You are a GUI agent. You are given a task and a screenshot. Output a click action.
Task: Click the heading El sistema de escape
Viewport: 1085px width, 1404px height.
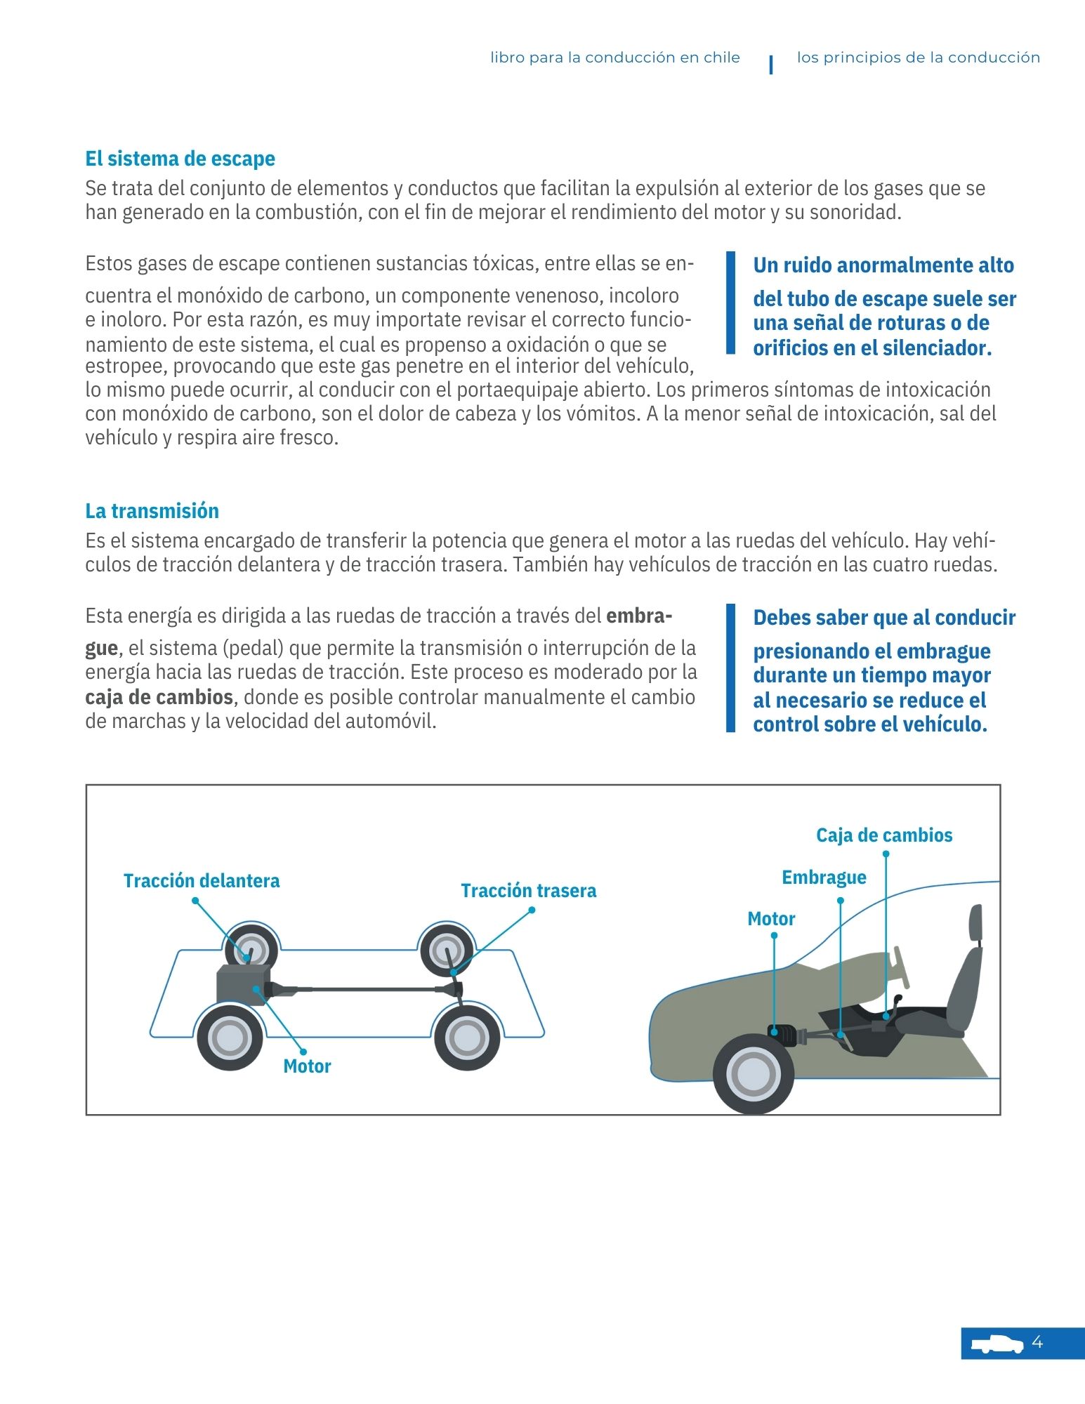[x=180, y=159]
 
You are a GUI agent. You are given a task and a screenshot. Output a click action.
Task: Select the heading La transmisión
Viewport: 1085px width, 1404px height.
[x=152, y=510]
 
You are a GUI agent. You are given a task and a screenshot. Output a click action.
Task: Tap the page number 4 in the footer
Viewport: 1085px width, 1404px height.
[x=1037, y=1342]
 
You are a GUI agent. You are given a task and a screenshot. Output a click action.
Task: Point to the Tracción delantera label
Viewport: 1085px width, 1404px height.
[x=202, y=880]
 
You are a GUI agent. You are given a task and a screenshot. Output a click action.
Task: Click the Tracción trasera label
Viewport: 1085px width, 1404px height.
[x=528, y=890]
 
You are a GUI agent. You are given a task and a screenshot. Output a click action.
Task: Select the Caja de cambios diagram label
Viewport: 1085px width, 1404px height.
[x=884, y=835]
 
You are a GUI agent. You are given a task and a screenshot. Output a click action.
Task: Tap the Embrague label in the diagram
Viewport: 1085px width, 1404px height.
[x=824, y=877]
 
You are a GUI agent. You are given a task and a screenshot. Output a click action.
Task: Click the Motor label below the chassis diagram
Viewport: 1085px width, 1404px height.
[x=307, y=1066]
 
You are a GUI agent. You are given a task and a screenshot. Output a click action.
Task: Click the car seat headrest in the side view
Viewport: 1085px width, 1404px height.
[x=975, y=922]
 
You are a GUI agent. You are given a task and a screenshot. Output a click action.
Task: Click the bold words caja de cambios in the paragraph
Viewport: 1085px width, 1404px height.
[x=159, y=697]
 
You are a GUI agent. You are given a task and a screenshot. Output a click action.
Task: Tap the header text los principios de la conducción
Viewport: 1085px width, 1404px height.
[x=918, y=58]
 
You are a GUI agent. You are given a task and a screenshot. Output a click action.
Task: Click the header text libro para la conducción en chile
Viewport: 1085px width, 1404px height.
[x=614, y=58]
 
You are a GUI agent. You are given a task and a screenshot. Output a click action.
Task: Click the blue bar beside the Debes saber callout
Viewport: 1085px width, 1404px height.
[x=730, y=668]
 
